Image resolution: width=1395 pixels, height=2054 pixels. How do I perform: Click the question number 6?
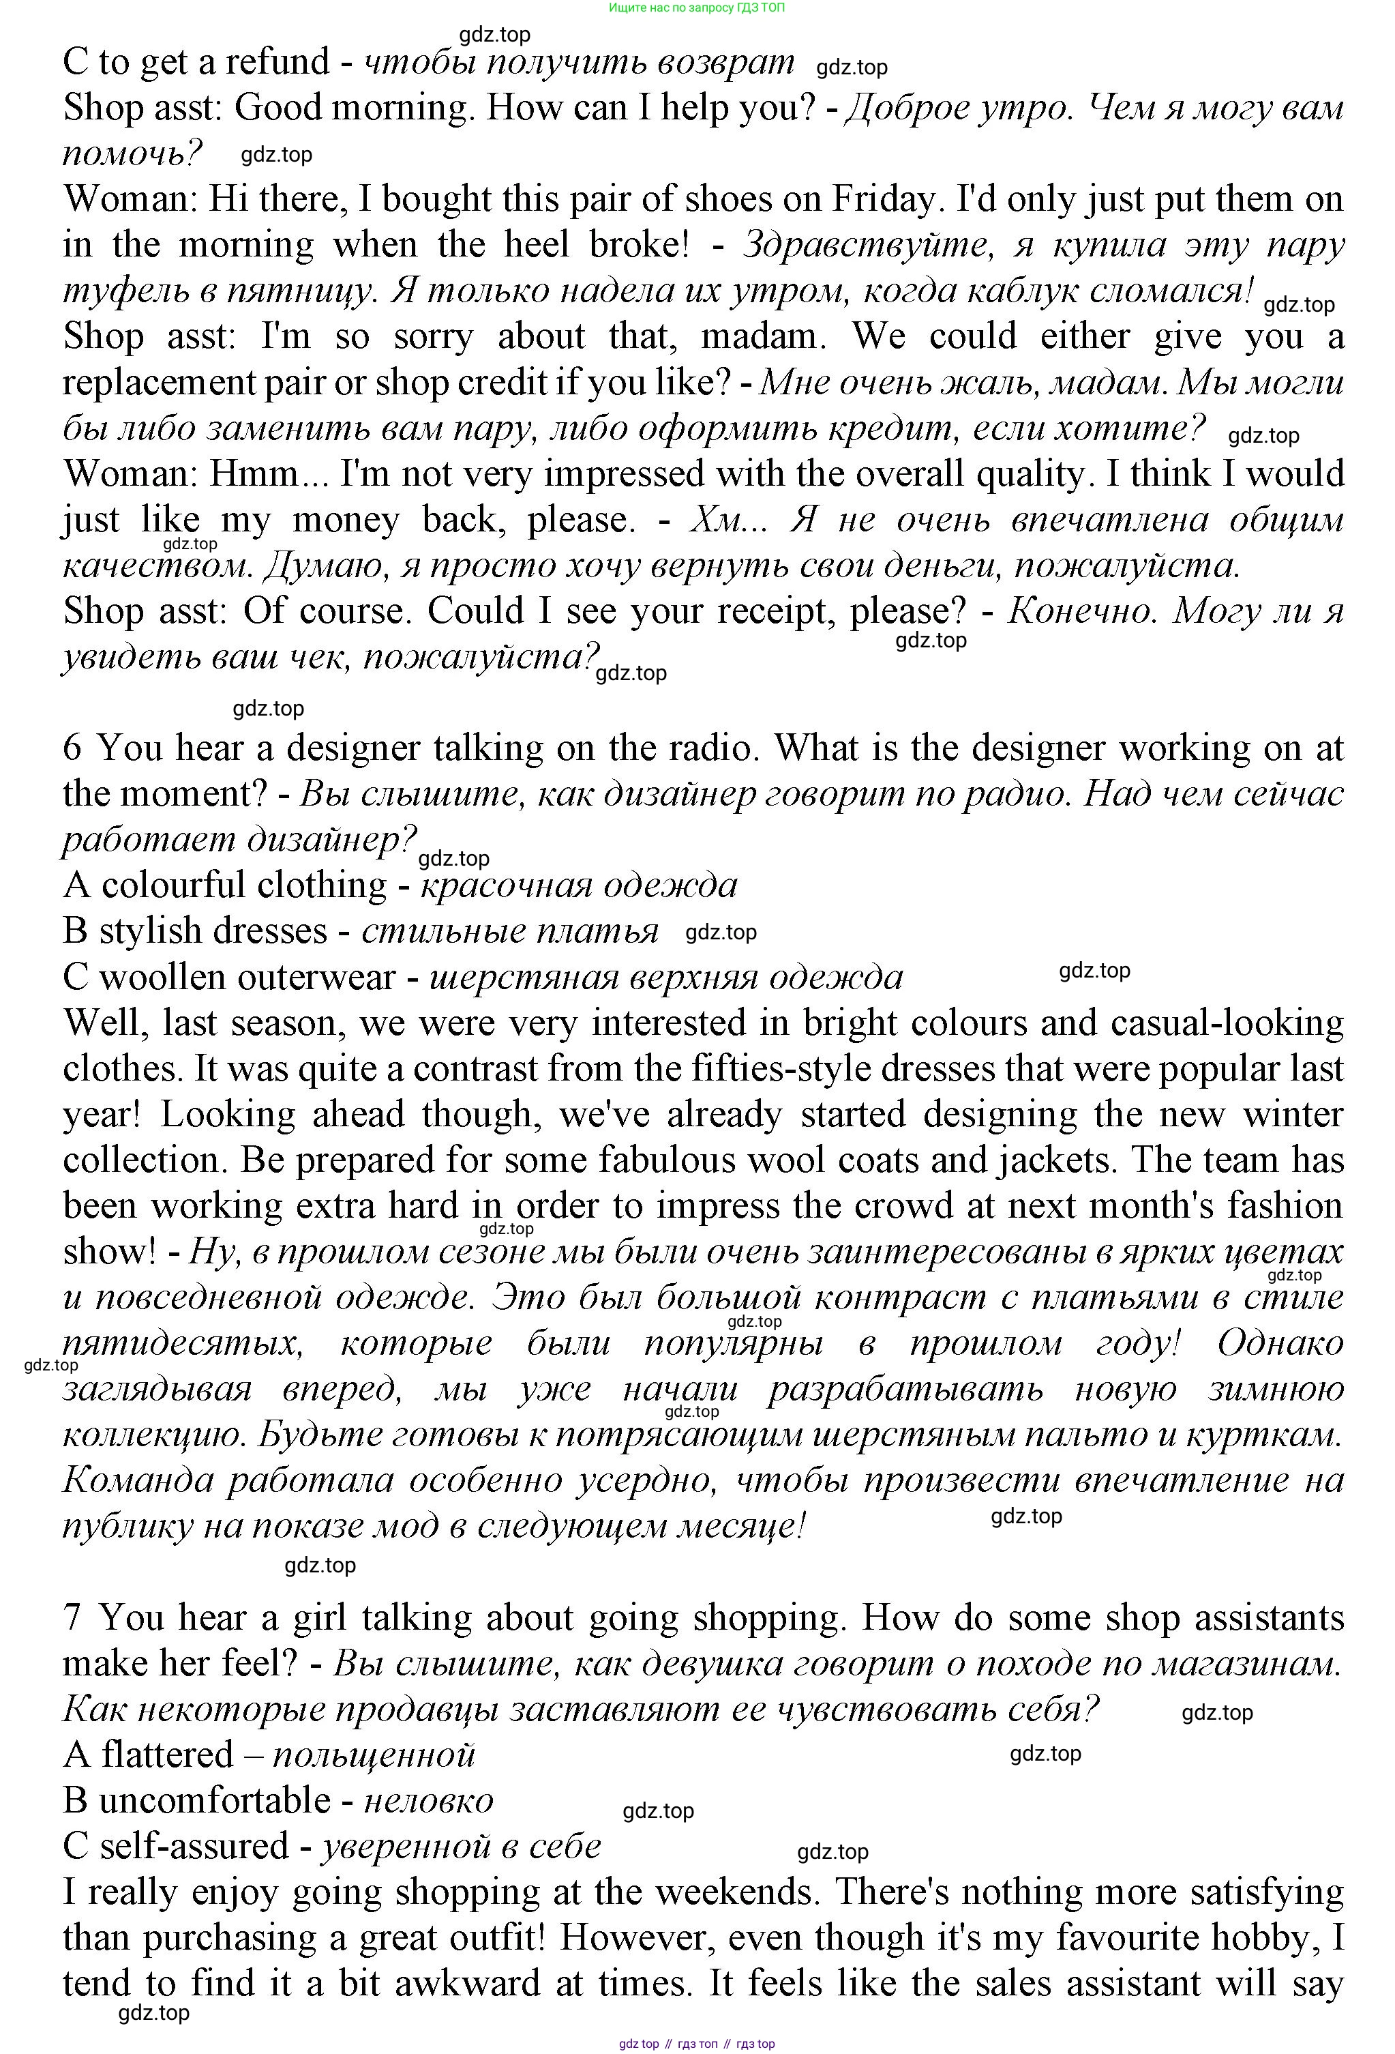72,748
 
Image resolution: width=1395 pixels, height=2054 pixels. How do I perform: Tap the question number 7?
72,1618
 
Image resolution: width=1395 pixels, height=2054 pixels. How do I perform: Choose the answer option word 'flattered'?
166,1755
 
